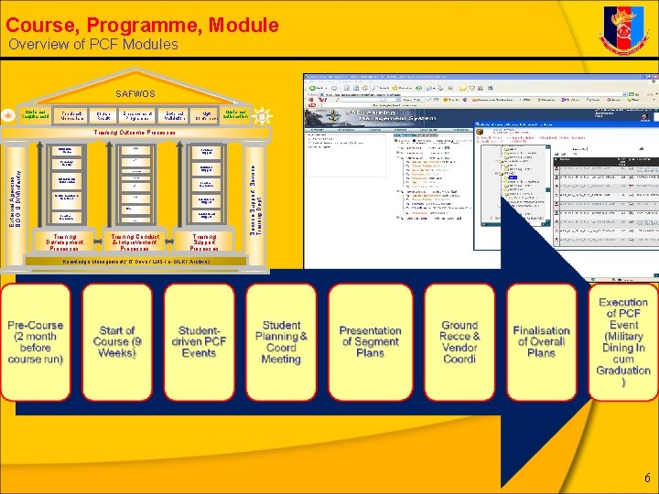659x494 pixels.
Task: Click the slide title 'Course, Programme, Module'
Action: point(142,19)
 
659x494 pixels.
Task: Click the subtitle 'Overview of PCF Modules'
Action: point(93,45)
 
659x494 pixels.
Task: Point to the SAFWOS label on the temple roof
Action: point(135,93)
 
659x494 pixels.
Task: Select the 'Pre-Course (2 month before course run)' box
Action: point(36,342)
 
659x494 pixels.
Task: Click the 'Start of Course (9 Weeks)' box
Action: point(117,342)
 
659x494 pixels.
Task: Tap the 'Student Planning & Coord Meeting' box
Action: point(281,342)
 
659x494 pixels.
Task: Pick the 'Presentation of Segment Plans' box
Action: point(370,342)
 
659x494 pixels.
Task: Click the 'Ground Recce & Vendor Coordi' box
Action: point(459,342)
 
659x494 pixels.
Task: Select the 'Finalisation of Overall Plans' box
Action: point(541,342)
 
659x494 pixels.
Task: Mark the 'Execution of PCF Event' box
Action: point(622,342)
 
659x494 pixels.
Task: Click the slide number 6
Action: point(647,478)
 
